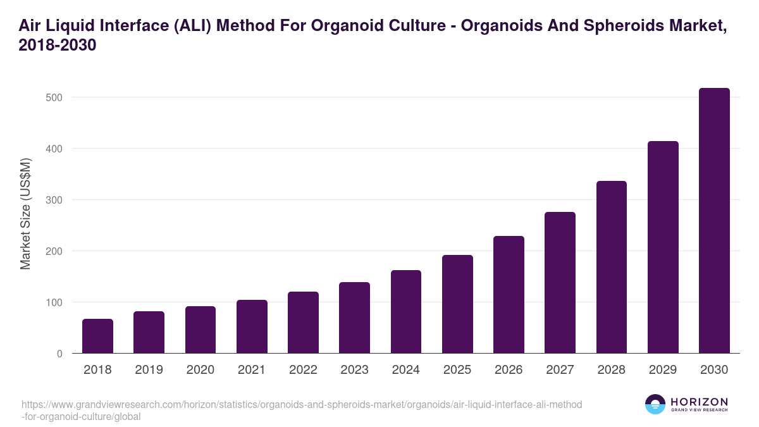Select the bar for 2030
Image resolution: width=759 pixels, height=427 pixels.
(714, 221)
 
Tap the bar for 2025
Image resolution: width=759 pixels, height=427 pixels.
(457, 304)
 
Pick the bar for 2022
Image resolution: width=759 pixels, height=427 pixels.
(303, 323)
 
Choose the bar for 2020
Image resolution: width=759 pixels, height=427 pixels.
(201, 330)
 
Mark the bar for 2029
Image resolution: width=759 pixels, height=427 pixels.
(663, 247)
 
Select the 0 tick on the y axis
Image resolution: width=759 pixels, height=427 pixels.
(59, 354)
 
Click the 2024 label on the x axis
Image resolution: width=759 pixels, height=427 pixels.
(405, 370)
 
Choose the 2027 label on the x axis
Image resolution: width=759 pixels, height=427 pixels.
(560, 370)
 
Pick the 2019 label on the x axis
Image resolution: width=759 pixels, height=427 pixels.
(149, 370)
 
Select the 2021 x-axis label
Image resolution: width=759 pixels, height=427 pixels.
(252, 370)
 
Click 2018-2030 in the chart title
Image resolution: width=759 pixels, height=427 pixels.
(57, 46)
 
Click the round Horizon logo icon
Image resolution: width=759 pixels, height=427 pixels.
(655, 404)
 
